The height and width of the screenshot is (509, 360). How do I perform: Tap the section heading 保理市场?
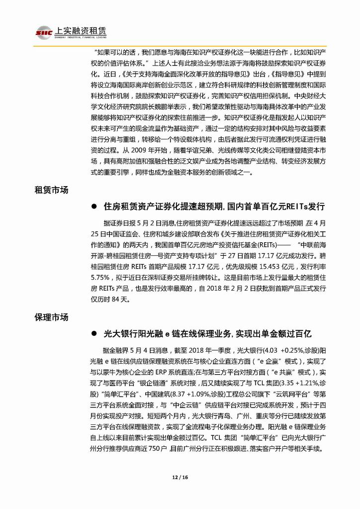coord(51,317)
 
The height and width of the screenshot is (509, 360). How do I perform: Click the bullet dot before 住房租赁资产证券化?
coord(93,206)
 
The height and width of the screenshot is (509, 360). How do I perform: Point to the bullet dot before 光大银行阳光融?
coord(93,333)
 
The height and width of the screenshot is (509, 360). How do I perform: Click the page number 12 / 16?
coord(180,477)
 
